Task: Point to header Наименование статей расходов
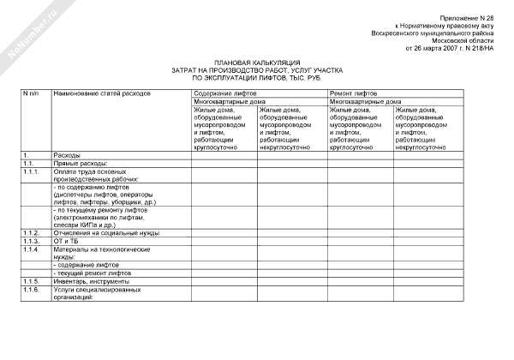tap(102, 91)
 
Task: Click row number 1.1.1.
tap(32, 171)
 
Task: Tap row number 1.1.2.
tap(32, 232)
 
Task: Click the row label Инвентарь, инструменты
tap(91, 281)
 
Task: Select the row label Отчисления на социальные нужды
tap(106, 232)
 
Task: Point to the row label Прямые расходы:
tap(79, 162)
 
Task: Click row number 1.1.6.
tap(32, 290)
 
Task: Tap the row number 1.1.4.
tap(32, 249)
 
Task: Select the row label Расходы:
tap(67, 154)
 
